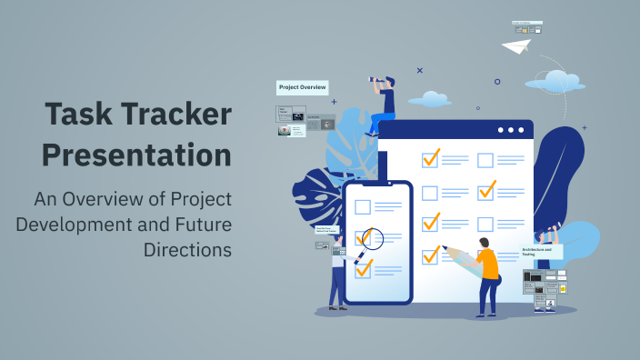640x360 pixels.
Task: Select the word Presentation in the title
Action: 138,155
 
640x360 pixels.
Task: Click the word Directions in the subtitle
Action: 188,247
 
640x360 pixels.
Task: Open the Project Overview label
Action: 303,87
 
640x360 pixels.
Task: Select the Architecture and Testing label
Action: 541,251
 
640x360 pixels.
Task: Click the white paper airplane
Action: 516,45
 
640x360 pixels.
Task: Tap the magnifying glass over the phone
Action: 372,239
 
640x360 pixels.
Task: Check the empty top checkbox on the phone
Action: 363,206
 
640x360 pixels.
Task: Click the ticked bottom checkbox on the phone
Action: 364,268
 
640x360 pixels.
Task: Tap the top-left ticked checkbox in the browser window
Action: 430,158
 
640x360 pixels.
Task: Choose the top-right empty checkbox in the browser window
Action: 485,160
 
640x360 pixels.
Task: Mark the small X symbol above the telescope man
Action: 419,69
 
